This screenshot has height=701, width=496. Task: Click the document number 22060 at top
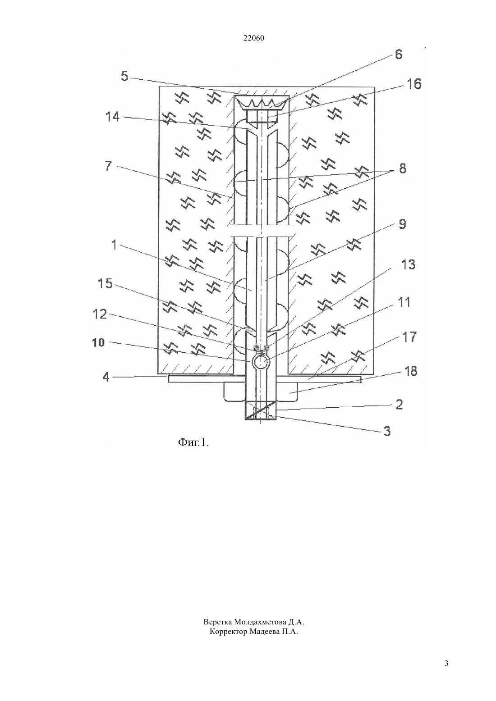(x=253, y=38)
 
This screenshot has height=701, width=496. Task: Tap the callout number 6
(x=398, y=55)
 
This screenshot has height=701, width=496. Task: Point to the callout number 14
(x=112, y=117)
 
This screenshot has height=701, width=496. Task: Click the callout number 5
(x=124, y=76)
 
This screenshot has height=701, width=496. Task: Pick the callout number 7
(x=108, y=166)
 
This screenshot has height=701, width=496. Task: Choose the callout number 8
(x=402, y=168)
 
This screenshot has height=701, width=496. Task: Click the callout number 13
(x=408, y=265)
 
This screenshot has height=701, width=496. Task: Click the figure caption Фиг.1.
(x=193, y=442)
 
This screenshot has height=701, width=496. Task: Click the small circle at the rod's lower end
(x=260, y=362)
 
